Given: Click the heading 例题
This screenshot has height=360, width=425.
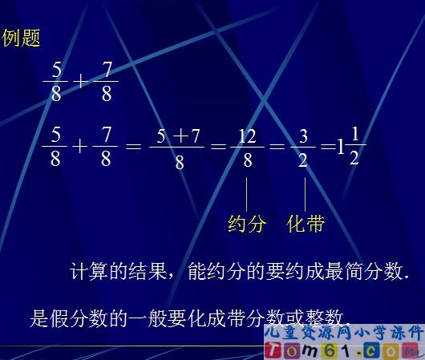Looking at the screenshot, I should [x=21, y=38].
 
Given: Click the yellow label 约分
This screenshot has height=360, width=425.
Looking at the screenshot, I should [x=246, y=224].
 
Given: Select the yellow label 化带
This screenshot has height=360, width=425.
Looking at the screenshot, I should [x=306, y=224].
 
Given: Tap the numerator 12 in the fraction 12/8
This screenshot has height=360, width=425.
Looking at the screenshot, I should [x=247, y=136].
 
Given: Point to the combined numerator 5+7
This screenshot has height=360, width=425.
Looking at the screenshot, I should [x=179, y=137].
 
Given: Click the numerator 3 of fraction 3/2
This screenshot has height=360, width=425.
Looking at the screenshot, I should [x=302, y=137].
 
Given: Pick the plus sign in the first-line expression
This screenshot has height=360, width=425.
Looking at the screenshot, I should [x=80, y=81].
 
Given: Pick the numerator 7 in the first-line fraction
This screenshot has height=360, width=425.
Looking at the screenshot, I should [x=105, y=70].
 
